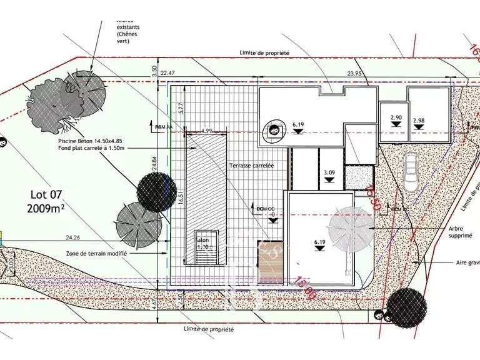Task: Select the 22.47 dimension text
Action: (x=168, y=74)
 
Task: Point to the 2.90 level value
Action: (x=396, y=117)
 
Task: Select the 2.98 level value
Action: (x=418, y=120)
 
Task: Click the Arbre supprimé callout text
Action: (x=460, y=232)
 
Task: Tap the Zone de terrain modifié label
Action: (x=96, y=254)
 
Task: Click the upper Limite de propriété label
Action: (x=263, y=54)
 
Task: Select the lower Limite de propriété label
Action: (x=209, y=329)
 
